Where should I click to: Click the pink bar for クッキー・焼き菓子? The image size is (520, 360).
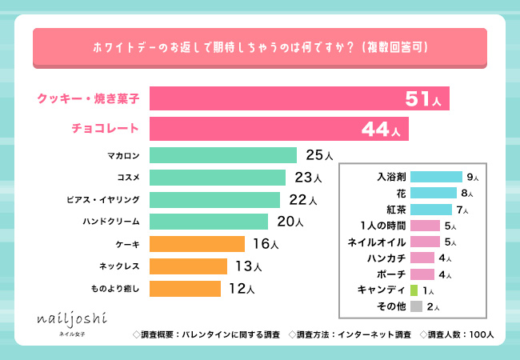point(298,98)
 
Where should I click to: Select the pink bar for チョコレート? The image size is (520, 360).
point(278,128)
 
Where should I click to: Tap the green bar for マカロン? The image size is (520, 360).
point(223,155)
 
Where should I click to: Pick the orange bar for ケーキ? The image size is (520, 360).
point(197,243)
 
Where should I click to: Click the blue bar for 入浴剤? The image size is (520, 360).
point(436,177)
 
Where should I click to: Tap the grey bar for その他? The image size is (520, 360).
point(416,306)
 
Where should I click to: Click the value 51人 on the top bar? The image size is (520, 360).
point(423,99)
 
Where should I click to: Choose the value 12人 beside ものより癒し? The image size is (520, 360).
point(240,288)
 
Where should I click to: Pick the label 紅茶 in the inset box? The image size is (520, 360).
point(394,210)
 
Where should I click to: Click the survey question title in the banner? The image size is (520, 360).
point(259,48)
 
